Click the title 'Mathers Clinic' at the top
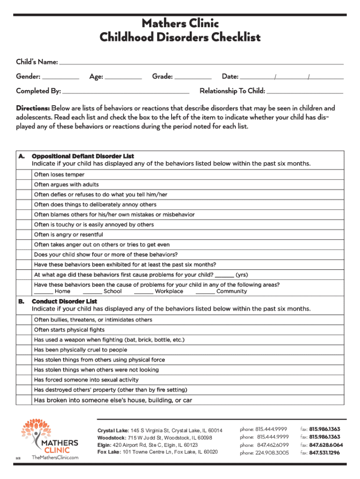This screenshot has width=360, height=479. click(x=180, y=23)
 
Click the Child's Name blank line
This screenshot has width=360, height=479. click(x=201, y=62)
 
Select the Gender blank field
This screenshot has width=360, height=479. click(x=60, y=77)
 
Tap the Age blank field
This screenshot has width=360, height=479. click(x=123, y=77)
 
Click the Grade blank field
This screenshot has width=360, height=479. click(x=193, y=77)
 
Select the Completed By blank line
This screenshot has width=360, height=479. click(x=126, y=91)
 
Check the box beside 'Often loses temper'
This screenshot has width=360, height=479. click(x=23, y=174)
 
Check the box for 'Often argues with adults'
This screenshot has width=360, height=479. click(x=23, y=185)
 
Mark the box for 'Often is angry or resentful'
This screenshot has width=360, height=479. click(x=23, y=235)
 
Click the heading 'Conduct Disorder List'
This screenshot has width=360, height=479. click(x=65, y=302)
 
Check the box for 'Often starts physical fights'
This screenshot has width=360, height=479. click(x=23, y=330)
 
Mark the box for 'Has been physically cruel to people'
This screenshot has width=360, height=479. click(x=23, y=350)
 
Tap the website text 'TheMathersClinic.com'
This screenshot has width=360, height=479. click(x=55, y=457)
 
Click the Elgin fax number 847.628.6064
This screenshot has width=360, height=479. click(x=326, y=445)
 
